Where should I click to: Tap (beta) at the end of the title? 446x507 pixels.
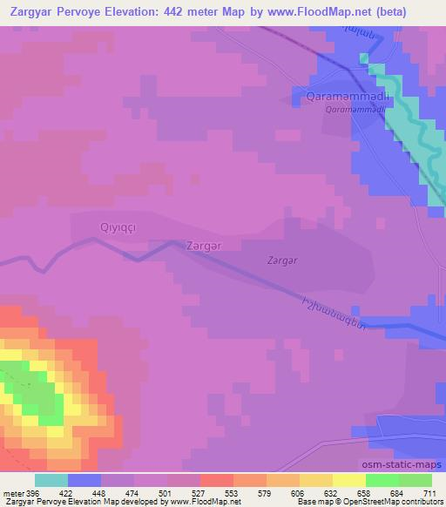click(x=414, y=12)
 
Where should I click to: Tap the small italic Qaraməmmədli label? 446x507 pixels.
click(x=355, y=111)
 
